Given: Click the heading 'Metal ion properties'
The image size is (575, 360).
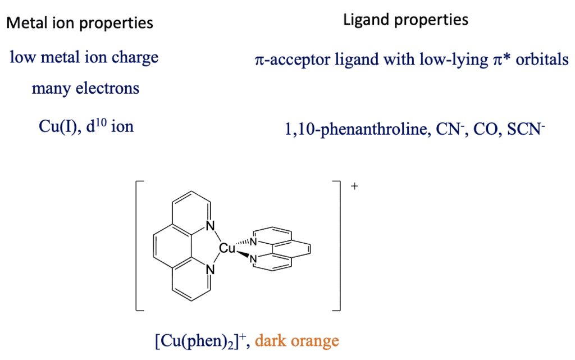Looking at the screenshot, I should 79,23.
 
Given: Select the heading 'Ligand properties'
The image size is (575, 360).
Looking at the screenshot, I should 405,20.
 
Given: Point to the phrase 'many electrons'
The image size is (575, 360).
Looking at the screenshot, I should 85,88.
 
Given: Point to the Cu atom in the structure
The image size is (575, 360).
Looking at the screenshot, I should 227,248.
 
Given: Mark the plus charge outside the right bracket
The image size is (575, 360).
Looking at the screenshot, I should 354,186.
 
